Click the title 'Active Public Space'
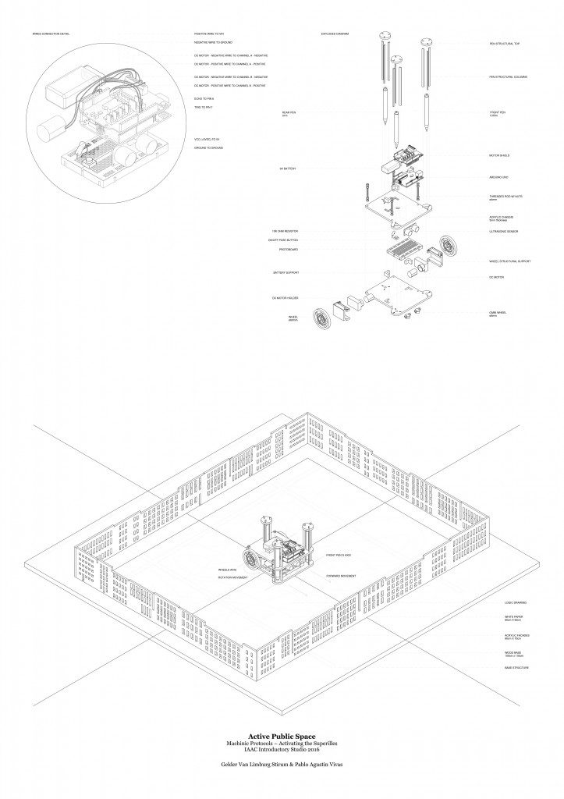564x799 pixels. tap(282, 735)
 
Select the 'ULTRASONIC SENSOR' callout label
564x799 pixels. tap(503, 232)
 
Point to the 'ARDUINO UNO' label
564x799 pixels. tap(499, 177)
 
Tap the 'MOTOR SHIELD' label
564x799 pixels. tap(499, 155)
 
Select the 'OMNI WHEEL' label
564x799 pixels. tap(498, 313)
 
